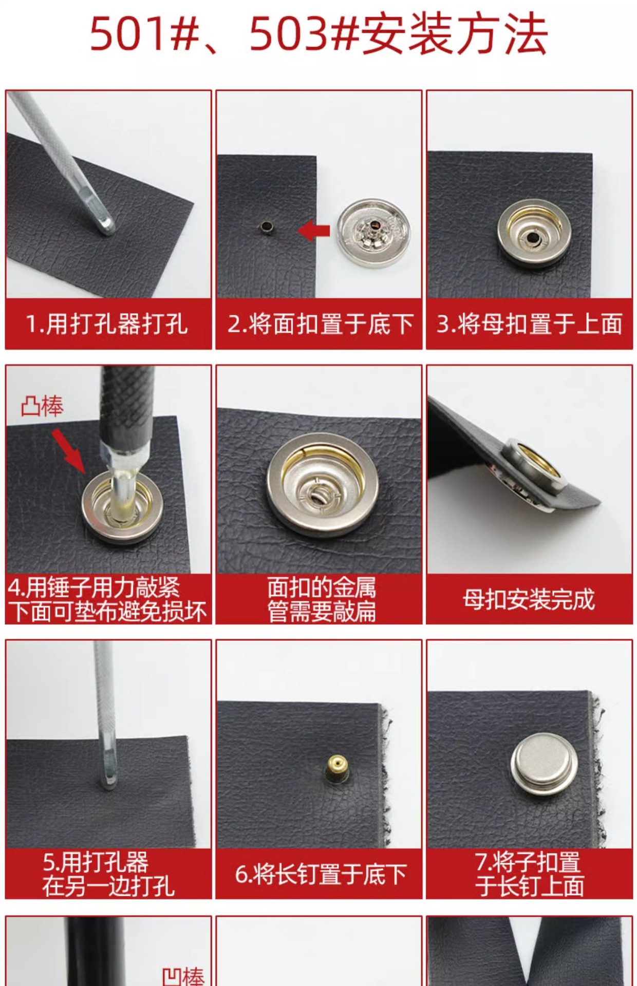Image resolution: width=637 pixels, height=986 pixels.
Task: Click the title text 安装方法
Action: [455, 35]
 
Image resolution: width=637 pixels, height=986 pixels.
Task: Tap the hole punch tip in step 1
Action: [106, 225]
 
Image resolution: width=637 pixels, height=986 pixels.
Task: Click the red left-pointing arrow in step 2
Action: [314, 231]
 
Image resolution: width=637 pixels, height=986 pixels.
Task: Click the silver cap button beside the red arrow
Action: [373, 233]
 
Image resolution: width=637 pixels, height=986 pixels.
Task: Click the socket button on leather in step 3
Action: [534, 233]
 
